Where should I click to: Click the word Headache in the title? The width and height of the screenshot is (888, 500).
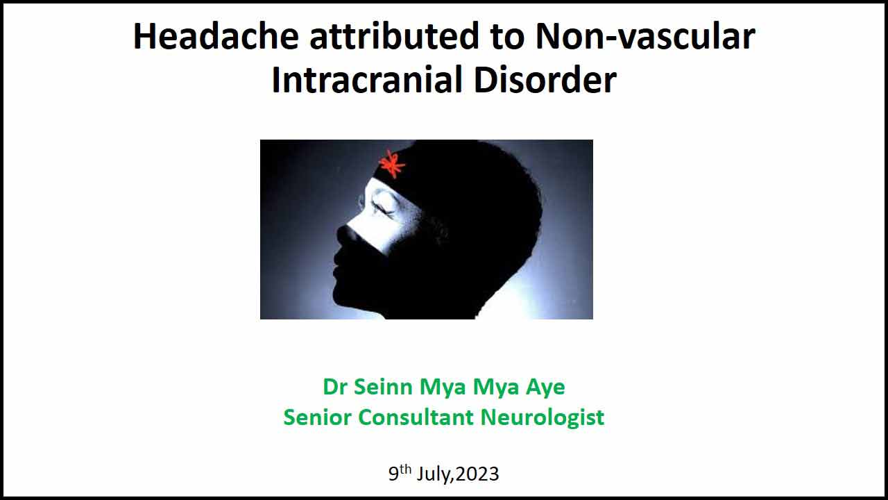(x=216, y=36)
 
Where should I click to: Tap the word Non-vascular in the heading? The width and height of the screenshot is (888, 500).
(x=645, y=36)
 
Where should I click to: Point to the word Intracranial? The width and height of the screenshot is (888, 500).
(x=367, y=80)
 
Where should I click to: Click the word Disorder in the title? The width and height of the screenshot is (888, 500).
(x=545, y=80)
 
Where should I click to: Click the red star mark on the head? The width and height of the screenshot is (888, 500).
(x=392, y=163)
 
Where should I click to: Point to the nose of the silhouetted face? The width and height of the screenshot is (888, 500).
(x=343, y=234)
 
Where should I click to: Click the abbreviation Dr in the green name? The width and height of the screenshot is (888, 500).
(x=335, y=387)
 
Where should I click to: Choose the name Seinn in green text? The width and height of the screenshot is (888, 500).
(x=383, y=387)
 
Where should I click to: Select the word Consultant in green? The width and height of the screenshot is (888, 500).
(x=416, y=417)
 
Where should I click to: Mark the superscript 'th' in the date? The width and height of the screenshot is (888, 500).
(x=405, y=469)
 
